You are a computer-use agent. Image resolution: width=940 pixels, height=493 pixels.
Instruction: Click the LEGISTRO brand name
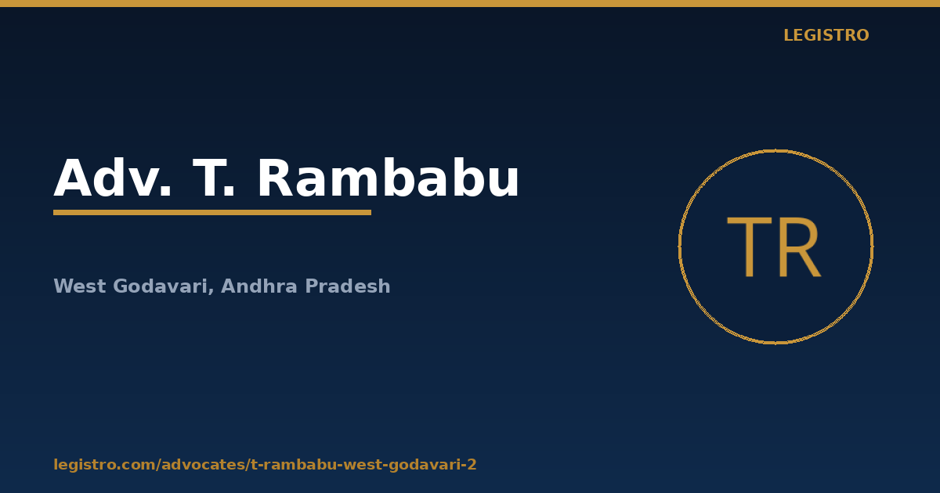tap(826, 35)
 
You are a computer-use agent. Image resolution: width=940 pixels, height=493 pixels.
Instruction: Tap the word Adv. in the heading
tap(113, 178)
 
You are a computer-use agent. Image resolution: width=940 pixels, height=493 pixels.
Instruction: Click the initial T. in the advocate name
tap(213, 178)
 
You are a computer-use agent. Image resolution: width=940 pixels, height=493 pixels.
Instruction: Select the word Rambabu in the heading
tap(389, 178)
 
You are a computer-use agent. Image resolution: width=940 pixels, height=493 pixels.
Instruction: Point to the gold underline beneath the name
tap(212, 213)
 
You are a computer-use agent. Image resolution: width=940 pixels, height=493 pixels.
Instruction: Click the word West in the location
tap(80, 286)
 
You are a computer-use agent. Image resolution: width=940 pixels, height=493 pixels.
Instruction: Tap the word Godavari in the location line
tap(161, 286)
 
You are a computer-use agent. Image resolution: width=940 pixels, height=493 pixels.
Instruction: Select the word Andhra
tap(259, 286)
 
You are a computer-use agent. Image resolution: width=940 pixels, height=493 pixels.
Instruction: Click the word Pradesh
tap(348, 286)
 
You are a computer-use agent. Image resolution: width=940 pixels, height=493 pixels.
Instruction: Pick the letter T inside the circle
tap(750, 247)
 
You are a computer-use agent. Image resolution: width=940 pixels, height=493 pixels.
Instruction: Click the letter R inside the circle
tap(800, 247)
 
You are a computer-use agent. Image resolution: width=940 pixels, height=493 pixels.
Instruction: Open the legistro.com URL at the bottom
tap(265, 465)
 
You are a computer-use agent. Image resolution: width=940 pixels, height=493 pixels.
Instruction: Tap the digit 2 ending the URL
tap(472, 465)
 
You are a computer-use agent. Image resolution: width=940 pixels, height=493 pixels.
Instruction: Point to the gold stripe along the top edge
tap(470, 3)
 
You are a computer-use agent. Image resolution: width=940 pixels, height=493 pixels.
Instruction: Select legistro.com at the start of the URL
tap(104, 465)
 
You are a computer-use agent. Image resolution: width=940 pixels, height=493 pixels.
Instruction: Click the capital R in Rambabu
tap(276, 178)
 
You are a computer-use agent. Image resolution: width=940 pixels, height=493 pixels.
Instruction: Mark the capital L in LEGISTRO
tap(788, 35)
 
